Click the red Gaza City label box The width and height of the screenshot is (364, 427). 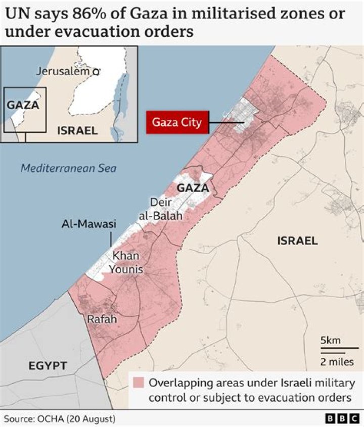(176, 122)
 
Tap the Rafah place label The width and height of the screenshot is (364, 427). (102, 319)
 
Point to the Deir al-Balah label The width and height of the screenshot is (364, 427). (160, 209)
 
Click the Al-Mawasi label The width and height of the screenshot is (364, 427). (89, 224)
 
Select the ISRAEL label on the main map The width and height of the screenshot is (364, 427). (297, 241)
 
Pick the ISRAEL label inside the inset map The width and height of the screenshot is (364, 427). (77, 131)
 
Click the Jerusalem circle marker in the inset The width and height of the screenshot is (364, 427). (96, 72)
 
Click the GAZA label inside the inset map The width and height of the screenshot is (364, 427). (23, 105)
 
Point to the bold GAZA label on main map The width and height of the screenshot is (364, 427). (193, 188)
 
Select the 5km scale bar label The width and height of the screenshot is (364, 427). (331, 341)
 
